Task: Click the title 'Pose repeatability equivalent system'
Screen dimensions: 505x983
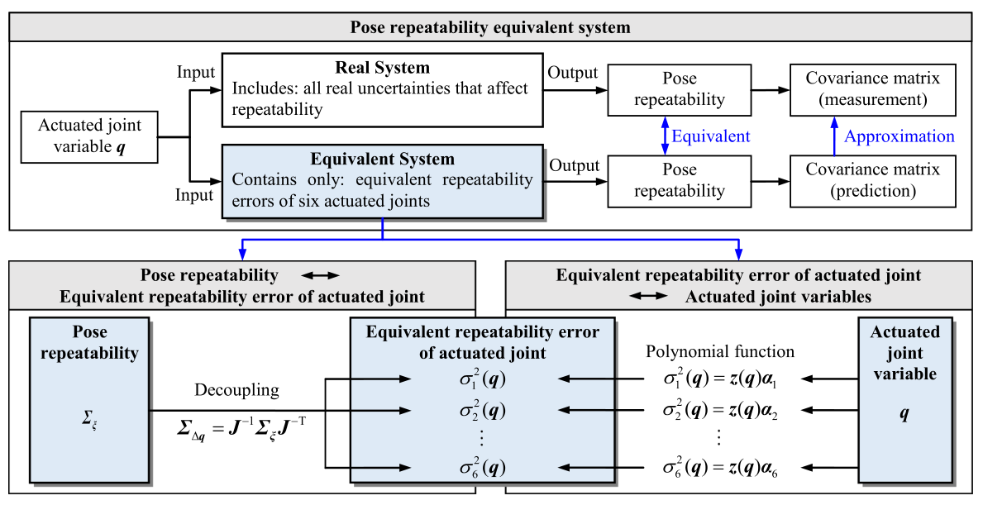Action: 490,27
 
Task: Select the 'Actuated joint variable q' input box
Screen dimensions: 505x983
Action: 89,136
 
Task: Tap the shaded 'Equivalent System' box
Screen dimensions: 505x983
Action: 382,180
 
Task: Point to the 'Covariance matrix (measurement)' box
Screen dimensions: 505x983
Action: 873,89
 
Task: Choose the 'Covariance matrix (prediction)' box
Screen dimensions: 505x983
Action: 873,180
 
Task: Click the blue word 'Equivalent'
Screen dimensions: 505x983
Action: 710,136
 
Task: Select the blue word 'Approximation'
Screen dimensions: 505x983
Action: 899,136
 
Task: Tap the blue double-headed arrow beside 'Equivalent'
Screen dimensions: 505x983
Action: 663,135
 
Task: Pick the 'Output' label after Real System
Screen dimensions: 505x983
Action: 572,73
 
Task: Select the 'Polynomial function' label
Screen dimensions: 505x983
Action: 719,351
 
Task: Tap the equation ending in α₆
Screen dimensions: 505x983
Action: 719,469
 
